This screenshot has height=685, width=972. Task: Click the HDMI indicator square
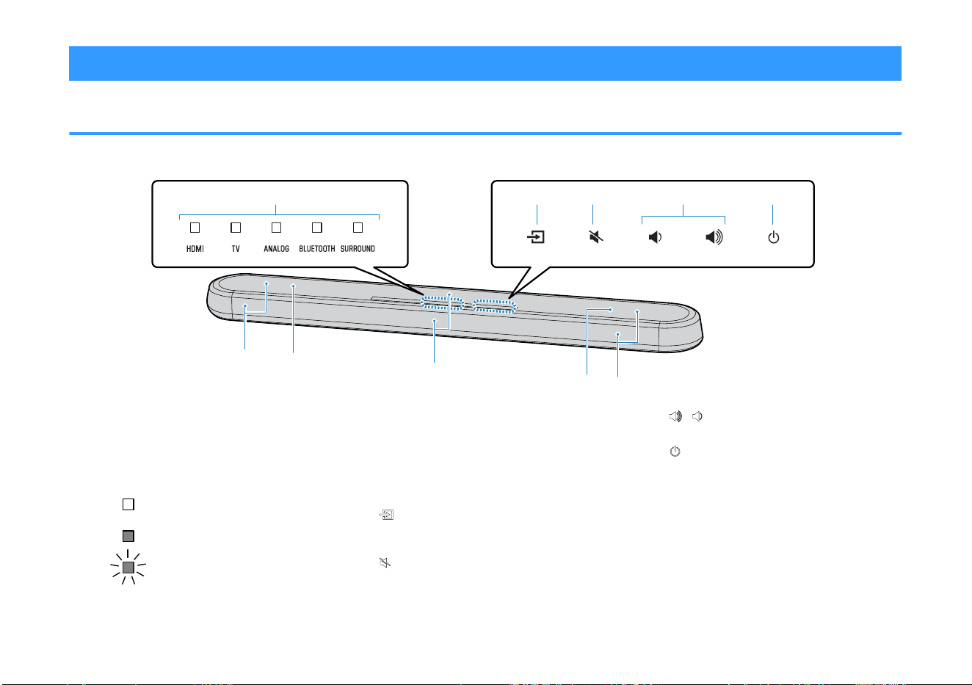point(195,228)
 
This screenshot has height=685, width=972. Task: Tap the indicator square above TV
point(236,228)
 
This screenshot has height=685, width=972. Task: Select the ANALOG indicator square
point(277,228)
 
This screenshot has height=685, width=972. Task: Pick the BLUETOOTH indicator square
point(317,228)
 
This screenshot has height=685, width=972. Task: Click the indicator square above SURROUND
point(358,228)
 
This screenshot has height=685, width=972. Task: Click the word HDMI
point(195,249)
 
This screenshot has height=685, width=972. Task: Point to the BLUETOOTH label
point(316,249)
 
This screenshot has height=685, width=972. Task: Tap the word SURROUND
point(358,249)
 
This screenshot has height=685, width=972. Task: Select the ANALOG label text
point(277,249)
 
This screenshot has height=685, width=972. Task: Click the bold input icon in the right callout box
point(536,237)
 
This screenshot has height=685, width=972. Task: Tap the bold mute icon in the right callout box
point(596,237)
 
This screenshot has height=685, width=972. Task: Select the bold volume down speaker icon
point(655,237)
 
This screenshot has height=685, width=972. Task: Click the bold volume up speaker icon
point(714,237)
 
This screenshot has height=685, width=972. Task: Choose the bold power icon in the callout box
point(773,237)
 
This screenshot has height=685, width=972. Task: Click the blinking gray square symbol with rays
point(128,567)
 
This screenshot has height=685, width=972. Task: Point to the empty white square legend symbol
point(128,504)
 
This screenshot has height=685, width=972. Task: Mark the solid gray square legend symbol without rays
point(128,536)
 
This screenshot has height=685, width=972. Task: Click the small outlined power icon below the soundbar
point(675,452)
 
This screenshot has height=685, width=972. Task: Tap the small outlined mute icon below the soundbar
point(385,562)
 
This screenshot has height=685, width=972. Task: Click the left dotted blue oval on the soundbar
point(442,302)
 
